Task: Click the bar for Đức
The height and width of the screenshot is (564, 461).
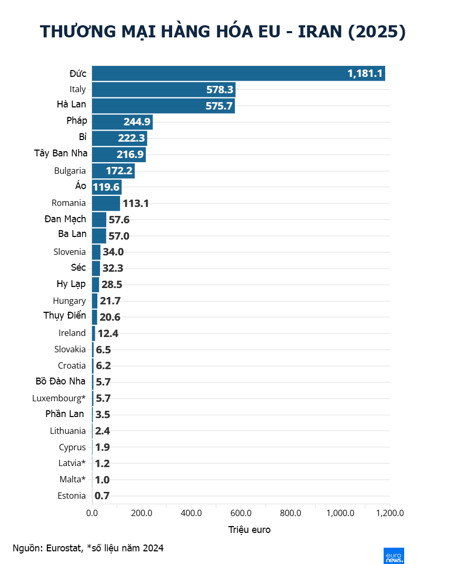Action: (x=238, y=73)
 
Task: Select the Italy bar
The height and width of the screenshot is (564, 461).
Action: (x=163, y=90)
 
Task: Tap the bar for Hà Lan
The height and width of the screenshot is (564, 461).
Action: (x=163, y=105)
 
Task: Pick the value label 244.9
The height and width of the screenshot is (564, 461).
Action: (x=137, y=122)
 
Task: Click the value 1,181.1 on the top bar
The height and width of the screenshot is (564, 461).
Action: (x=365, y=73)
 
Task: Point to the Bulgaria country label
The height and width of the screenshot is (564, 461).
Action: (x=70, y=171)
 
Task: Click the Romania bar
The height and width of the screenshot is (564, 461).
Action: (x=106, y=203)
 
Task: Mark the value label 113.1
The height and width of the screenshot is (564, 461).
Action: (x=136, y=203)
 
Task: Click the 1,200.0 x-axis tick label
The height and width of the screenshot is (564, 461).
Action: (x=390, y=513)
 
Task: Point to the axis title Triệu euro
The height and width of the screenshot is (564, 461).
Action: (x=249, y=530)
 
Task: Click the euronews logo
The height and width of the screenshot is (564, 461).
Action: (x=394, y=556)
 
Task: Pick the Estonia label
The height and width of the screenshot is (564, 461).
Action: (x=72, y=496)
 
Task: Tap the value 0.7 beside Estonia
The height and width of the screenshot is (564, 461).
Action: (x=102, y=496)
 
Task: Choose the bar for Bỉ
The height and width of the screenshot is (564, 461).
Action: (x=119, y=138)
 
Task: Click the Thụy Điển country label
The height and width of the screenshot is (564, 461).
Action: (x=65, y=316)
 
